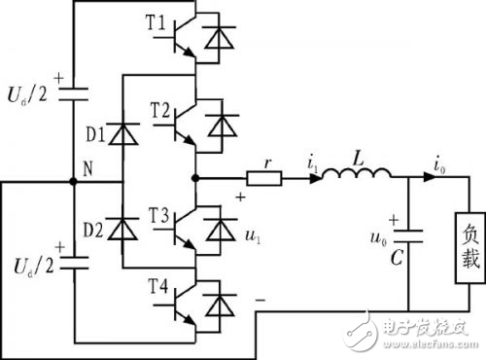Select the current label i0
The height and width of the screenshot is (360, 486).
pos(427,162)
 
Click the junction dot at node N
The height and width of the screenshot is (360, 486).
pos(75,180)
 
